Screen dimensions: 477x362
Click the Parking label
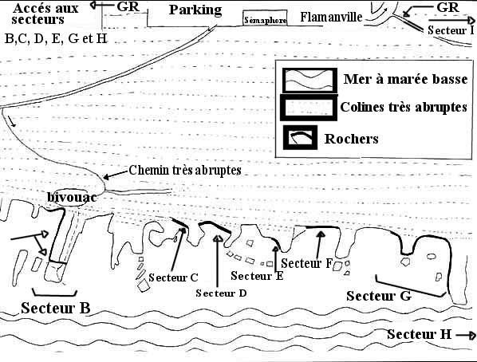pyautogui.click(x=195, y=10)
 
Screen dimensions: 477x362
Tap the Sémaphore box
pyautogui.click(x=265, y=18)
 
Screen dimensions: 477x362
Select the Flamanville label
pyautogui.click(x=331, y=17)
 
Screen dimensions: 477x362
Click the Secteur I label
pyautogui.click(x=451, y=30)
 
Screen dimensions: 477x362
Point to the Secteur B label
pyautogui.click(x=56, y=308)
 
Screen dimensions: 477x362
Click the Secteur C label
pyautogui.click(x=173, y=277)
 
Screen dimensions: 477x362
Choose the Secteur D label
pyautogui.click(x=221, y=293)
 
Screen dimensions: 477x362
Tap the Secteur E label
pyautogui.click(x=257, y=276)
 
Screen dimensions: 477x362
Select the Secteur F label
pyautogui.click(x=306, y=263)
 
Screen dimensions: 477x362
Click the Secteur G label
pyautogui.click(x=379, y=296)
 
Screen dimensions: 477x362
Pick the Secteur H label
pyautogui.click(x=420, y=334)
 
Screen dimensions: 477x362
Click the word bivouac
pyautogui.click(x=72, y=198)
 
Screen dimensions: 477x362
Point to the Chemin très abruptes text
pyautogui.click(x=185, y=170)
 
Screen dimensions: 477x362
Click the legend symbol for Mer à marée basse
pyautogui.click(x=309, y=81)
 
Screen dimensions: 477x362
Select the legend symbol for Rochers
pyautogui.click(x=300, y=137)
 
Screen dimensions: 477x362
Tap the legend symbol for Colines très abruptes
pyautogui.click(x=309, y=108)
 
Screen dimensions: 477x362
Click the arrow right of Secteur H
pyautogui.click(x=466, y=335)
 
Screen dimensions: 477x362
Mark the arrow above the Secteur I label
pyautogui.click(x=451, y=21)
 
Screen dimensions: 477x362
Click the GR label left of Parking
pyautogui.click(x=128, y=6)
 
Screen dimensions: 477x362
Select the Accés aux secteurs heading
pyautogui.click(x=45, y=14)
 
